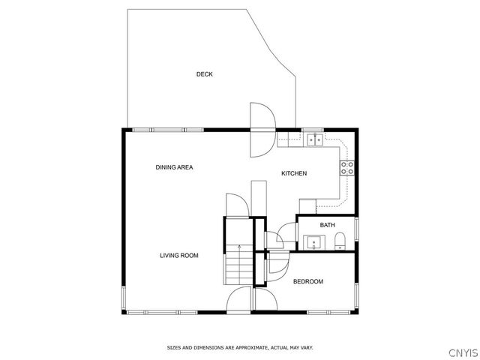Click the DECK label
tap(205, 74)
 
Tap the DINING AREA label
tap(175, 167)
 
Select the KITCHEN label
tap(294, 173)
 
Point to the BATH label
tap(328, 225)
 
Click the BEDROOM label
tap(307, 281)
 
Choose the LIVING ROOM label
tap(179, 256)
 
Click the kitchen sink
tap(313, 139)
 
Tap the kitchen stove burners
tap(347, 168)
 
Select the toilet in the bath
tap(340, 241)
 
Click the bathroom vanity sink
tap(313, 242)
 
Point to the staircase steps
tap(239, 264)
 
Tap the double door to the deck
tap(262, 129)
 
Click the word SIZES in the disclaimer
tap(174, 348)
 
